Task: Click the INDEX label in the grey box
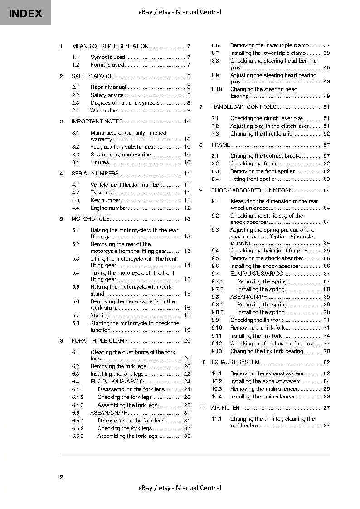click(x=25, y=13)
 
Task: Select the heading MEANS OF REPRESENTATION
click(x=110, y=46)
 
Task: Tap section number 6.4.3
click(x=78, y=405)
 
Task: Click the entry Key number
click(x=105, y=200)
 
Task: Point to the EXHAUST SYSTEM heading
click(x=235, y=362)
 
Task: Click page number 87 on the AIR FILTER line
click(x=326, y=408)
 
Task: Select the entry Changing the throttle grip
click(x=261, y=134)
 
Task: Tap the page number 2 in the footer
click(x=61, y=477)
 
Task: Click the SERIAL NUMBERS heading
click(x=95, y=174)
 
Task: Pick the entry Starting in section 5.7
click(x=100, y=315)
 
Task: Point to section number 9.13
click(x=217, y=351)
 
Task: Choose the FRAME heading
click(x=221, y=145)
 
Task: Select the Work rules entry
click(x=103, y=111)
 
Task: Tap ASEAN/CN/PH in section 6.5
click(x=109, y=413)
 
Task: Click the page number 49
click(x=326, y=96)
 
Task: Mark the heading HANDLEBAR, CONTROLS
click(x=243, y=107)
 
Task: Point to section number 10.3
click(x=217, y=389)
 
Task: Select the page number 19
click(x=187, y=330)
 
